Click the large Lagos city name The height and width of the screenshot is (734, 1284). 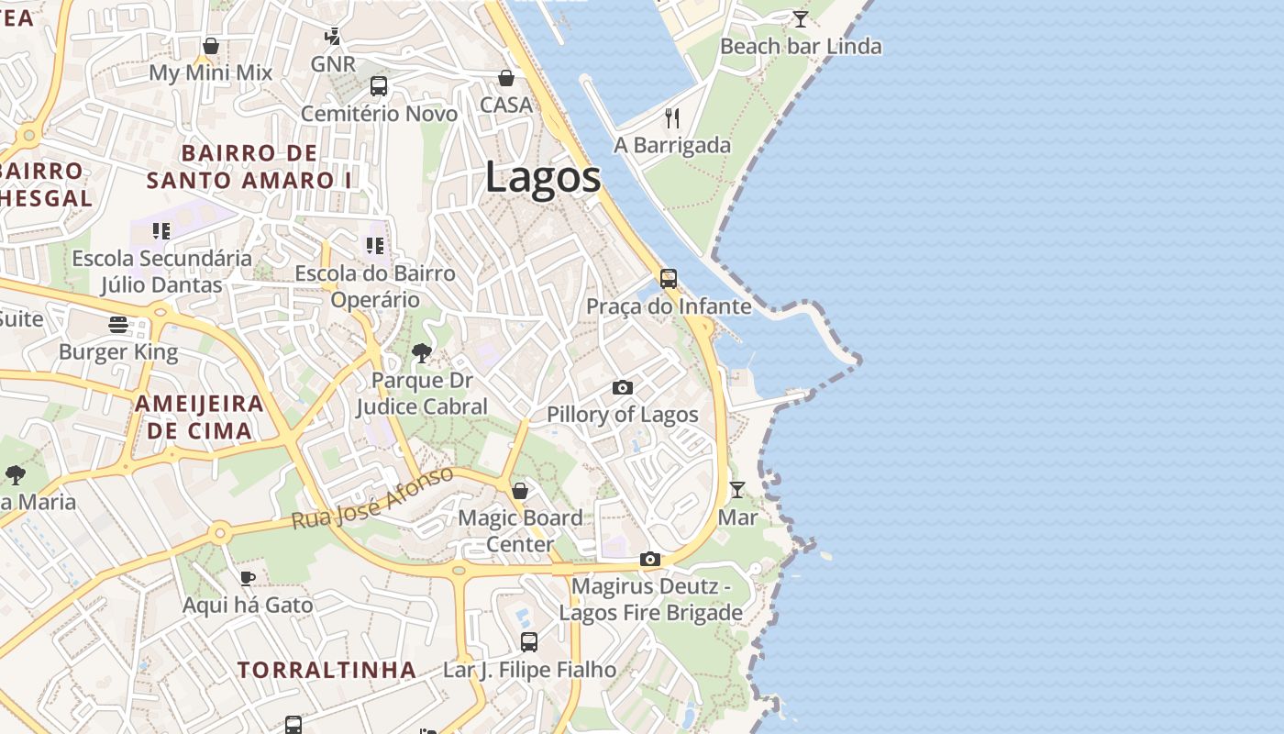pos(543,176)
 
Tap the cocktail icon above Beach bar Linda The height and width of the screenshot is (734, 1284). pos(801,18)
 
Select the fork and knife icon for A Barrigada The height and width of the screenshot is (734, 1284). pos(672,117)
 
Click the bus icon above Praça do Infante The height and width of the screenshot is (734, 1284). pos(669,278)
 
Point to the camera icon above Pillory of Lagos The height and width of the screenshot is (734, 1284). pos(623,387)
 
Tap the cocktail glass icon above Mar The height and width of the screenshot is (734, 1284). pos(737,489)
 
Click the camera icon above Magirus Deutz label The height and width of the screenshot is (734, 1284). pos(650,559)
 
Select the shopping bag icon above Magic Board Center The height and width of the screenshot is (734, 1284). pos(520,491)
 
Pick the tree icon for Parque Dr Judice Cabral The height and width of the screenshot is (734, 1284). pos(422,352)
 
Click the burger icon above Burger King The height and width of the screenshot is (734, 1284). pos(118,324)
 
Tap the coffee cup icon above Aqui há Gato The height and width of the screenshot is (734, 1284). pos(247,577)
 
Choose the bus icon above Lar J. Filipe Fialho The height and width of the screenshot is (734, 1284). pos(529,642)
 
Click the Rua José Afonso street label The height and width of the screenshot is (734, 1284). pos(372,497)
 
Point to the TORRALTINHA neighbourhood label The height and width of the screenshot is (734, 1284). pos(327,670)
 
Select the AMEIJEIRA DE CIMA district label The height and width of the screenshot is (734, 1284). pos(199,417)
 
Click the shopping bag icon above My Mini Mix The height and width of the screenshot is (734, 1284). pos(211,46)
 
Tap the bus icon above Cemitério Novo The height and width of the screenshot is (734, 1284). pos(379,86)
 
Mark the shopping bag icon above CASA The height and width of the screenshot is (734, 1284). pos(506,78)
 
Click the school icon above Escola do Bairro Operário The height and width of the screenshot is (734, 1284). pos(374,246)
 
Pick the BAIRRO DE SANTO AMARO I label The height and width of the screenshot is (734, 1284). pos(249,166)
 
